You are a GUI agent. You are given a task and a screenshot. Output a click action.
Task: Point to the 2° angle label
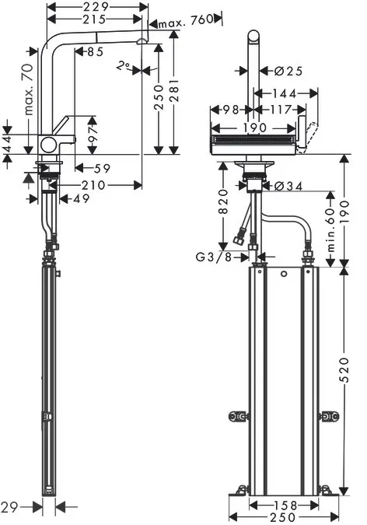(x=123, y=66)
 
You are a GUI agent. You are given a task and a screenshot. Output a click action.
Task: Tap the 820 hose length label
(x=222, y=201)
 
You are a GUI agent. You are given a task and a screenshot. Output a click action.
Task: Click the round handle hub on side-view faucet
(x=47, y=144)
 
